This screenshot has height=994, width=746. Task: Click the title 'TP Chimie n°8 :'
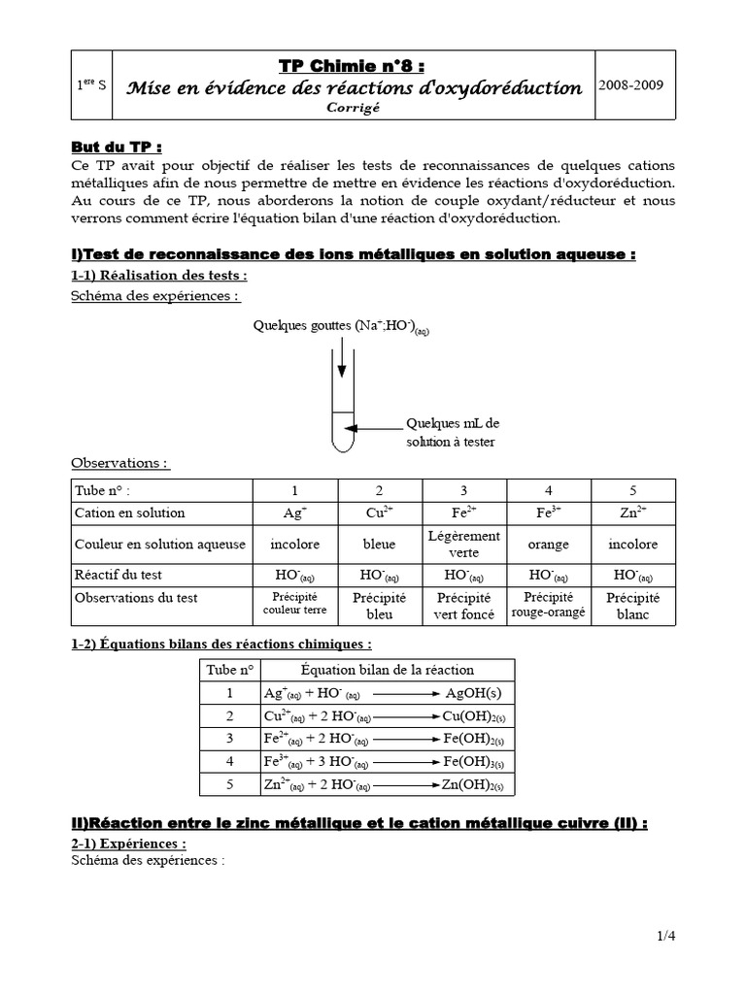tap(338, 66)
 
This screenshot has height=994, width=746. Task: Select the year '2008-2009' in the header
tap(632, 84)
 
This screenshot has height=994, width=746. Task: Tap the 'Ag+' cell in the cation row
tap(294, 513)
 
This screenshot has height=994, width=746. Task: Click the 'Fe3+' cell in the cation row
tap(549, 513)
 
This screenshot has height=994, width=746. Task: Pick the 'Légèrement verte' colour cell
tap(463, 544)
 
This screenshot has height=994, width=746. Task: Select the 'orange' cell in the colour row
tap(549, 545)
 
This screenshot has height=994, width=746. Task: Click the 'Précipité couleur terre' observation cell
tap(294, 605)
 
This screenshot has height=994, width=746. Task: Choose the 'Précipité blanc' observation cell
tap(632, 606)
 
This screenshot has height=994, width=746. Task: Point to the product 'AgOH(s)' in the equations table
tap(473, 693)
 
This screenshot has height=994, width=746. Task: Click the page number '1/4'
tap(664, 936)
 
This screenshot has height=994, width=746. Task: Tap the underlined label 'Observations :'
tap(120, 463)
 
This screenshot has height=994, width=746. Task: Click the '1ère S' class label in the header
tap(92, 85)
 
